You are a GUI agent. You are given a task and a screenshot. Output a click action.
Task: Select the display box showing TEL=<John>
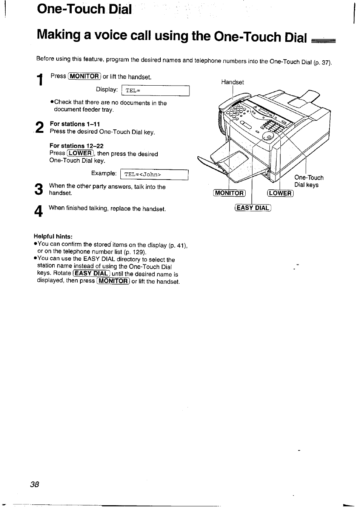pyautogui.click(x=154, y=174)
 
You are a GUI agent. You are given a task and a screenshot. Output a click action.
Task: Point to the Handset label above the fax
pyautogui.click(x=232, y=82)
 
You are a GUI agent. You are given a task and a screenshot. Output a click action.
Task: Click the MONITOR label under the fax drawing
pyautogui.click(x=229, y=193)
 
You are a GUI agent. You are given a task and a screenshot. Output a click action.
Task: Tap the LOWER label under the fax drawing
pyautogui.click(x=280, y=194)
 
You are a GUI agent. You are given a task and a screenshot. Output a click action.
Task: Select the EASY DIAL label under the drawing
pyautogui.click(x=253, y=208)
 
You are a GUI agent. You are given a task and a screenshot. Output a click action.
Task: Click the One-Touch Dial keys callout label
pyautogui.click(x=309, y=181)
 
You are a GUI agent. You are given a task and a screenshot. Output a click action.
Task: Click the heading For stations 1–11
pyautogui.click(x=75, y=124)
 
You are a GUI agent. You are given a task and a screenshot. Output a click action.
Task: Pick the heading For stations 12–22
pyautogui.click(x=76, y=146)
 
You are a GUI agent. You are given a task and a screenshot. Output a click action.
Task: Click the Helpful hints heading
pyautogui.click(x=53, y=237)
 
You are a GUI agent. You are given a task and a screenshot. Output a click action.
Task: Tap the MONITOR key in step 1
pyautogui.click(x=85, y=76)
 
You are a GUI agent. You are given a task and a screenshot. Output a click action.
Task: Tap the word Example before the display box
pyautogui.click(x=104, y=173)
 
